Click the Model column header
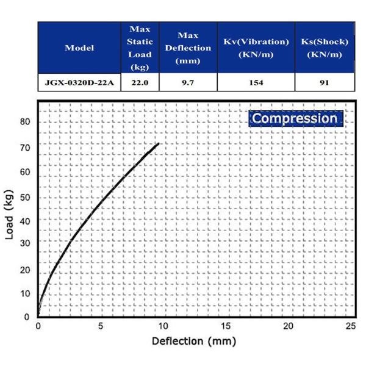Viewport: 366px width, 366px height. point(79,48)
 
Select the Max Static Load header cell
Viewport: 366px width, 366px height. point(140,48)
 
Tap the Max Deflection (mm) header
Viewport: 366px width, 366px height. point(187,48)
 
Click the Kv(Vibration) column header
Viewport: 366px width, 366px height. point(256,48)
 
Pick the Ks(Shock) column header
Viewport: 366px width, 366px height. point(325,48)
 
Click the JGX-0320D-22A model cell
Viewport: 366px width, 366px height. point(79,82)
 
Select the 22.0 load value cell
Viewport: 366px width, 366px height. point(140,82)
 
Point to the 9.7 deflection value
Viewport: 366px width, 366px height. point(187,82)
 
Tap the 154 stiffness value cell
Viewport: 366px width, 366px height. point(256,82)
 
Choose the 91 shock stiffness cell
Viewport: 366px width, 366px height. point(325,82)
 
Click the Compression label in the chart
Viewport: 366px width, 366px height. point(295,118)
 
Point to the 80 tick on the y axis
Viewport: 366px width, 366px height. point(24,121)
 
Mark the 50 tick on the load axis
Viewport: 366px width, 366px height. point(24,196)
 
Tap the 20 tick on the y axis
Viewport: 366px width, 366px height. point(24,269)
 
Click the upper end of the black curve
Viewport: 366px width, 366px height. point(159,144)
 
